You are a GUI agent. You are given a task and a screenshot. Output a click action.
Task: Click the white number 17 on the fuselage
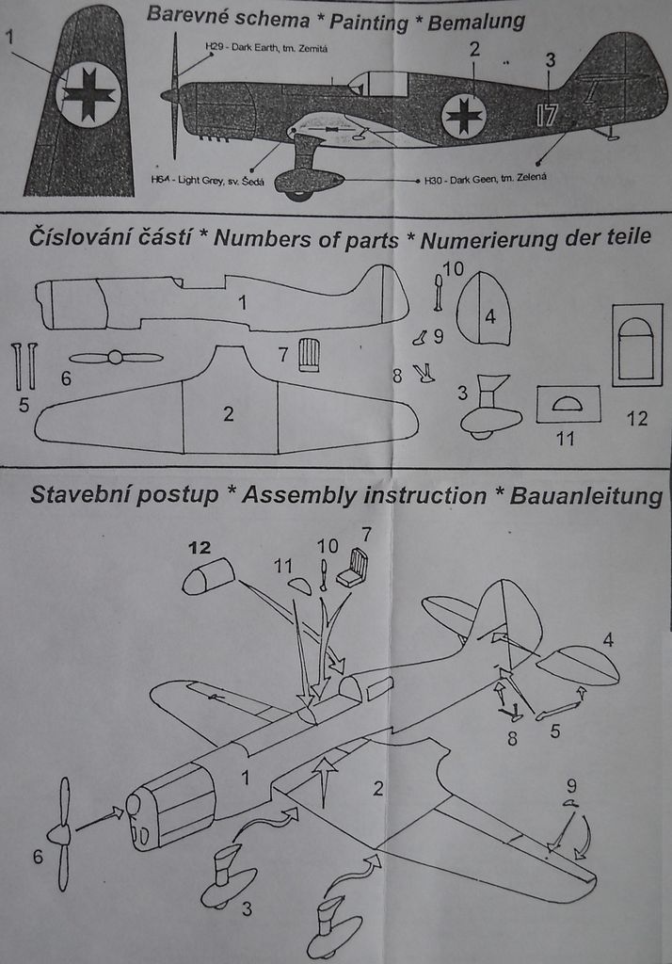pos(546,115)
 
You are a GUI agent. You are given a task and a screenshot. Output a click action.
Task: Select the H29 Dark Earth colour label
pos(266,46)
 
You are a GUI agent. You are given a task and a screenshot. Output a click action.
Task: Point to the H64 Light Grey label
pos(208,179)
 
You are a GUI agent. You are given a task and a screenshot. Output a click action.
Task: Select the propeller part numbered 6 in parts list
pos(115,358)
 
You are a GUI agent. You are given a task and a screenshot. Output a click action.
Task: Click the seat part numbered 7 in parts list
pos(309,356)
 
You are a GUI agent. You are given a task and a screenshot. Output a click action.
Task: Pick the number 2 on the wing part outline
pos(229,413)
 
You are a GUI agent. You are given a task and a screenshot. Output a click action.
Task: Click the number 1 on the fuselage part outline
pos(242,302)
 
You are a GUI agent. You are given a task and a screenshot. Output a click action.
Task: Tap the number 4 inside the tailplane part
pos(489,316)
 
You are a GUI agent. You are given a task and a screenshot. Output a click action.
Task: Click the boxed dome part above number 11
pos(568,404)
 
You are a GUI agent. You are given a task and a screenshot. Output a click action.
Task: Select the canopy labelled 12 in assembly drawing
pos(209,576)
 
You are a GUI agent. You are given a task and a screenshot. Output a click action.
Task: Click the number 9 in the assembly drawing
pos(571,785)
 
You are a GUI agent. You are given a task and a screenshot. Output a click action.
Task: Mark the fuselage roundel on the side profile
pos(463,116)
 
